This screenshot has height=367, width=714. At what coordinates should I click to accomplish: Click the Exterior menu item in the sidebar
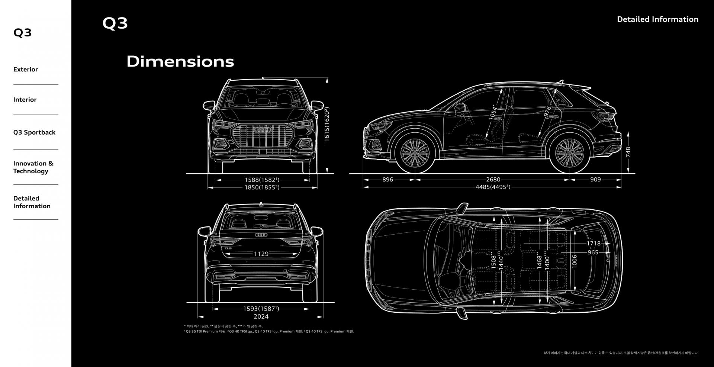(26, 70)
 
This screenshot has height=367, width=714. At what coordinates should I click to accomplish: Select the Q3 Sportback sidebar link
(34, 132)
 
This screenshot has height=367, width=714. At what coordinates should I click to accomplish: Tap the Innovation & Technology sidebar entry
(33, 167)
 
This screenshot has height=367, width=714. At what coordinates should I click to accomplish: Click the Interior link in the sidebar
(25, 100)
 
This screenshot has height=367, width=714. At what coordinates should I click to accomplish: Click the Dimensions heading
(180, 61)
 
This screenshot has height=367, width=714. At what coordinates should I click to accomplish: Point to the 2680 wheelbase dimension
(493, 180)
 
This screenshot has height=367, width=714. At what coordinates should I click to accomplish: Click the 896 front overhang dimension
(387, 180)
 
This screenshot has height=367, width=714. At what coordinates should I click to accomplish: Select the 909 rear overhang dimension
(595, 180)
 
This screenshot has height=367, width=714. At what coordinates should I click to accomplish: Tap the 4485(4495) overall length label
(493, 187)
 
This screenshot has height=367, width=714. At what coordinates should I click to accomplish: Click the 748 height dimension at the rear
(628, 152)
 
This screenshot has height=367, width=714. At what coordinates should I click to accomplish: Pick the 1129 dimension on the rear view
(261, 254)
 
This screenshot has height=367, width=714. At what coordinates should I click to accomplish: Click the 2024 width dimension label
(261, 317)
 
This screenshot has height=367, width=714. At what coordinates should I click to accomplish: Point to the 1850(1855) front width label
(262, 188)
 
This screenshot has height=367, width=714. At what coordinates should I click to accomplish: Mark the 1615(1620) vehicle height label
(327, 124)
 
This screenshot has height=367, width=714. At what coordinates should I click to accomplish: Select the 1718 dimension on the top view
(594, 244)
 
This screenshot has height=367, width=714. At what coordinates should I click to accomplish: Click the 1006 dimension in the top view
(575, 261)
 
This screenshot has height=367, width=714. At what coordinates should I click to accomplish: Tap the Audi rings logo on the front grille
(263, 130)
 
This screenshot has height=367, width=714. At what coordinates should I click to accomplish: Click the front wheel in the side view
(415, 153)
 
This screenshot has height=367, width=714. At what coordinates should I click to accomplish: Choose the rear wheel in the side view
(569, 153)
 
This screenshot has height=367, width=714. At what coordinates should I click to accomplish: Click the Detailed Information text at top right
(657, 19)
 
